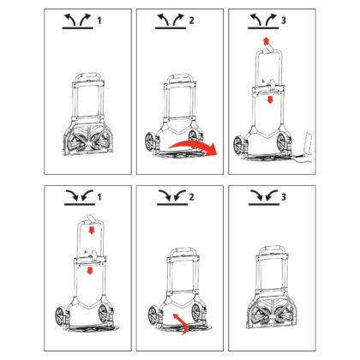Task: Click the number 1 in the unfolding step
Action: tap(99, 21)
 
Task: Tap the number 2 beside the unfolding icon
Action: tap(191, 21)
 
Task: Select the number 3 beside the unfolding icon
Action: tap(284, 21)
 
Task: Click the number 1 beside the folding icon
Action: tap(99, 197)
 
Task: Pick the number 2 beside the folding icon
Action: tap(191, 197)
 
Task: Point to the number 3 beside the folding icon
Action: tap(284, 197)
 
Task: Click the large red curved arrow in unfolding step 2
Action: tap(195, 145)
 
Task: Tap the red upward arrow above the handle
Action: tap(266, 41)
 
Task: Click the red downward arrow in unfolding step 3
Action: tap(269, 99)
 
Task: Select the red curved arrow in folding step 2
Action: tap(183, 323)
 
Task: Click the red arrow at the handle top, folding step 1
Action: tap(92, 230)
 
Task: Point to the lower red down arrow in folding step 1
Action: tap(90, 270)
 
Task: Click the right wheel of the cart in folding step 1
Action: tap(103, 314)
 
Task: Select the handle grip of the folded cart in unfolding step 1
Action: tap(88, 75)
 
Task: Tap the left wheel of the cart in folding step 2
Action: tap(153, 315)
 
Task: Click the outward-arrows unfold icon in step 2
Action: tap(171, 21)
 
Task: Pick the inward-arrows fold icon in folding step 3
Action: tap(264, 197)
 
